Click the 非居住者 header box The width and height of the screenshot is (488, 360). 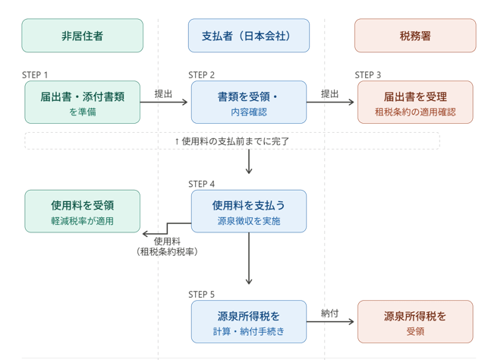coord(82,36)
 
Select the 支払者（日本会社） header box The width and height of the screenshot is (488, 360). coord(249,36)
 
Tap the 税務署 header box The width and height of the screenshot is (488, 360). coord(415,36)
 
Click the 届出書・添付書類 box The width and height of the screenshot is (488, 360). coord(82,103)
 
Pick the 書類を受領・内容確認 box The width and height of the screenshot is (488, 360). coord(249,103)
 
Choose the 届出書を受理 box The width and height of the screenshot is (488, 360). coord(415,103)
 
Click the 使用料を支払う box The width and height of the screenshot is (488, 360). coord(249,211)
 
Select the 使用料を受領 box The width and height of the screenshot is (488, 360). coord(82,211)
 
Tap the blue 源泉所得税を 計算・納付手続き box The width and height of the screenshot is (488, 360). coord(249,322)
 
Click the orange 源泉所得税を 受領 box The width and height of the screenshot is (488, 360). coord(415,322)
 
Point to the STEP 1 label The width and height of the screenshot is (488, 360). coord(36,75)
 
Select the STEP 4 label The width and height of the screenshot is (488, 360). coord(202,184)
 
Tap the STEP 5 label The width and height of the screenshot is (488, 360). coord(202,294)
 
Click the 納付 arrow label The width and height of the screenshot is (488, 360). coord(329,312)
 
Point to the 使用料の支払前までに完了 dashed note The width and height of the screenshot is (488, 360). coord(232,141)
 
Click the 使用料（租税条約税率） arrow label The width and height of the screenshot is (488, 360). coord(168,246)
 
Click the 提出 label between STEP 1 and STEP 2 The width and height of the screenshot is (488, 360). coord(163,93)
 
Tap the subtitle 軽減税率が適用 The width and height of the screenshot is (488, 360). coord(82,220)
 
